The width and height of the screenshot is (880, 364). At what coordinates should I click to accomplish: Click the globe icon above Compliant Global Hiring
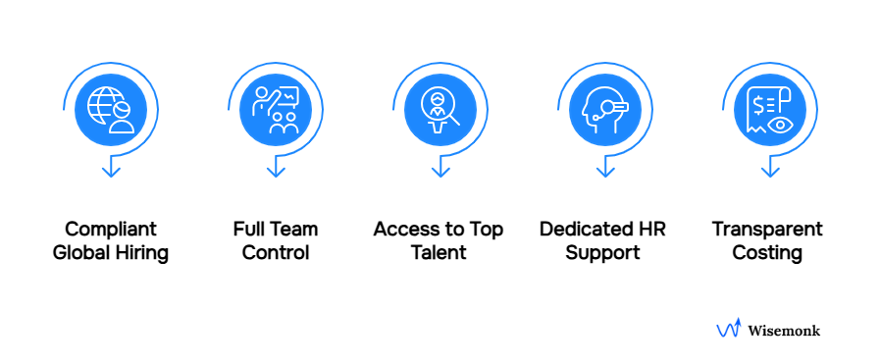tap(110, 110)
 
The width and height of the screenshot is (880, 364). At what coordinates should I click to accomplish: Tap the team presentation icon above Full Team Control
tap(276, 110)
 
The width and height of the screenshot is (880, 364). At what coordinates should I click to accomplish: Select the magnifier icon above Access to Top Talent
tap(440, 110)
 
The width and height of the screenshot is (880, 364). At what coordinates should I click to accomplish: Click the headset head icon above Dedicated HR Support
tap(605, 110)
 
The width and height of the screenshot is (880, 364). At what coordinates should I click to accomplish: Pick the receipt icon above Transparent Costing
tap(770, 110)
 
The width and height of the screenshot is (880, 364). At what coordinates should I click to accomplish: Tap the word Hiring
tap(142, 253)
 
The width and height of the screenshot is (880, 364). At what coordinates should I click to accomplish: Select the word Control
tap(276, 253)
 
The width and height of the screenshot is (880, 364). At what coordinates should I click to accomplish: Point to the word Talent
tap(439, 253)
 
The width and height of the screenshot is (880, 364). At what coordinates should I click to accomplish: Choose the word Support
tap(605, 253)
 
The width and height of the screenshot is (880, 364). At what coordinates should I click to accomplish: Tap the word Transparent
tap(767, 230)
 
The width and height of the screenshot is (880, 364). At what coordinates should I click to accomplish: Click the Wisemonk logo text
tap(784, 331)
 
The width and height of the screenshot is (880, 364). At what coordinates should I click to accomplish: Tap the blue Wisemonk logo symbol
tap(728, 330)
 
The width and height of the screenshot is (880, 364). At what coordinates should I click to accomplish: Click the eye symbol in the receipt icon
tap(781, 125)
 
